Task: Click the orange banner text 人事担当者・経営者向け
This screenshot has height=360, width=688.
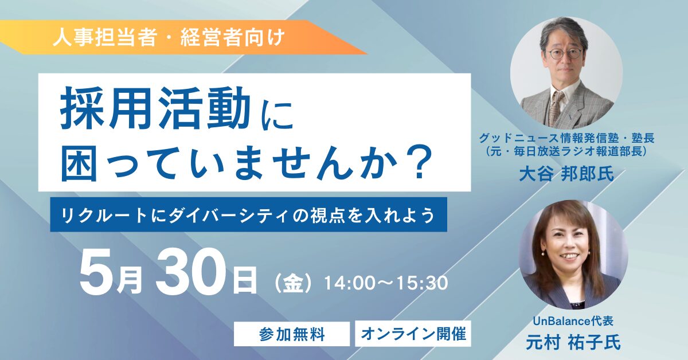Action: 169,37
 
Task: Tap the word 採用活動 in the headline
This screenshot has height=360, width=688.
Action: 154,109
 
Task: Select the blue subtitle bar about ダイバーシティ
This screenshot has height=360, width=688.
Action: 248,214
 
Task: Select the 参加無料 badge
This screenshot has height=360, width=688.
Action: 292,334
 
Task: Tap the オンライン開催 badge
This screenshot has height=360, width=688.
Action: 413,334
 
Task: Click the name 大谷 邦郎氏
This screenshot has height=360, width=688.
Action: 566,174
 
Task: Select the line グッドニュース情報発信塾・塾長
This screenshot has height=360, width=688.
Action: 566,138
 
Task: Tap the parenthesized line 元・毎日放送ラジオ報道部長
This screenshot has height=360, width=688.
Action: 566,152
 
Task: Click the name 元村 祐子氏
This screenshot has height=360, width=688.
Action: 573,342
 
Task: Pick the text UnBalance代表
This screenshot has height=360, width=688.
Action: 573,321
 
